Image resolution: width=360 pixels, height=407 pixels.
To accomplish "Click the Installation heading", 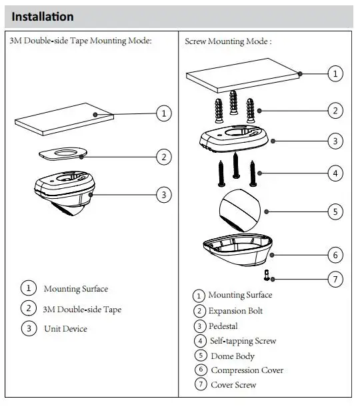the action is [43, 17].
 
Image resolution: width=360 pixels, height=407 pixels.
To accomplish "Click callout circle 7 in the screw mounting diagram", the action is [335, 280].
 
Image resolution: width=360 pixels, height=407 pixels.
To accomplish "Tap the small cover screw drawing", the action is [267, 275].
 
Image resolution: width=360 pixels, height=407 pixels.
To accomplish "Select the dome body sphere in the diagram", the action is [239, 210].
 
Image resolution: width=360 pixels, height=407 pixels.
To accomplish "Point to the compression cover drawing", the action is [237, 250].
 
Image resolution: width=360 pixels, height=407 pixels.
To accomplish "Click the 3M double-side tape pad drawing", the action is [63, 153].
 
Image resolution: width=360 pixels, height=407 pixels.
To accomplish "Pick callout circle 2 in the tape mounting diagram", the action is [164, 157].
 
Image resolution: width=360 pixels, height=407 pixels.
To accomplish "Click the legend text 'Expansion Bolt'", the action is [235, 311].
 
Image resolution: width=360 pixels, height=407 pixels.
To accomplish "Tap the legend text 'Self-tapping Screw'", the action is [243, 341].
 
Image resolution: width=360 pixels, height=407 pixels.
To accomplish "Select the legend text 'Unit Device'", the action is [65, 329].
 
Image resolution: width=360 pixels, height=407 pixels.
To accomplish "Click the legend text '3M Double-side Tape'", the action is [82, 310].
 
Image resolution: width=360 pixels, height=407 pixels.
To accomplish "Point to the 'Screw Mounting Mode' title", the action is [228, 41].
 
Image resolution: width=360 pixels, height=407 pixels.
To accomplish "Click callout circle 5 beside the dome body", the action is [335, 212].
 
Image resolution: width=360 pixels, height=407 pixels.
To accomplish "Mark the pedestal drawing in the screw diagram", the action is [234, 139].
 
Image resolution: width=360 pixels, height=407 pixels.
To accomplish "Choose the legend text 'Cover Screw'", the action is [233, 385].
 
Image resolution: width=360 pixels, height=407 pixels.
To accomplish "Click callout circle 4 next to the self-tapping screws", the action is [335, 173].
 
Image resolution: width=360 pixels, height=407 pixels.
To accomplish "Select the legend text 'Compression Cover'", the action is [247, 370].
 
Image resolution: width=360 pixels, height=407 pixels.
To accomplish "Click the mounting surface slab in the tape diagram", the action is [64, 119].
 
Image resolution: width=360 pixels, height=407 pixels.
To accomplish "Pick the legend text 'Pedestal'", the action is [223, 326].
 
